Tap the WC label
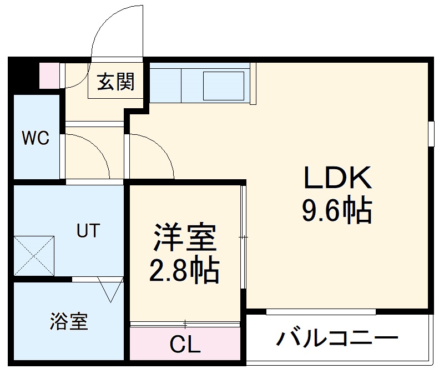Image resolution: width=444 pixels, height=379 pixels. [x=36, y=138]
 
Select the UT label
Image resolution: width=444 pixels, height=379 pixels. [x=89, y=230]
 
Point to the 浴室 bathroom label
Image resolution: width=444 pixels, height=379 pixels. [x=69, y=322]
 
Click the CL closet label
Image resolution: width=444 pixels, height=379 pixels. [x=185, y=346]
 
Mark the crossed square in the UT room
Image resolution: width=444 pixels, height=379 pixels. [x=34, y=255]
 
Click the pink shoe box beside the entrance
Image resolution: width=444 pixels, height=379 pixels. [x=49, y=76]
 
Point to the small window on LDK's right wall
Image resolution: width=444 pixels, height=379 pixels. [x=431, y=134]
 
